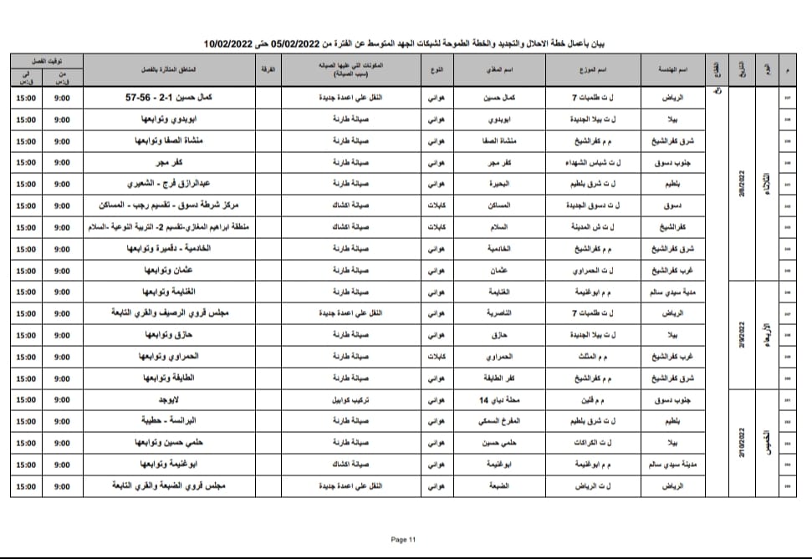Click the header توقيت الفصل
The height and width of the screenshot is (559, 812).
tap(46, 59)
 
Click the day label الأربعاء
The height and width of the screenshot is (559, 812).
tap(767, 334)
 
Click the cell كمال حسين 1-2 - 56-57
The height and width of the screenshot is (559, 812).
tap(166, 97)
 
